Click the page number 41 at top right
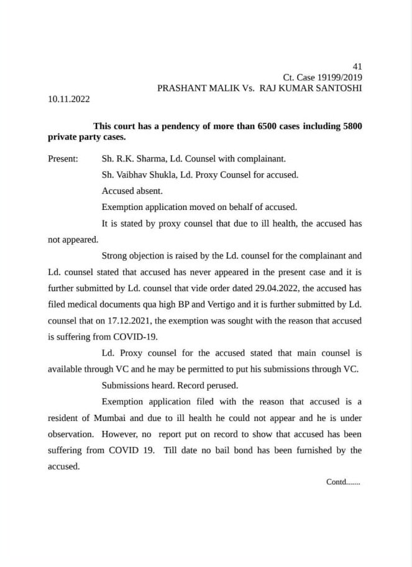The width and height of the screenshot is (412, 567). tap(357, 66)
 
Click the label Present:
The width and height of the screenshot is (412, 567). tap(63, 158)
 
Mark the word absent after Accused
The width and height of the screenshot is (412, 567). tap(149, 191)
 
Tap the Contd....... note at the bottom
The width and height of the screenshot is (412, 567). tap(343, 481)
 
